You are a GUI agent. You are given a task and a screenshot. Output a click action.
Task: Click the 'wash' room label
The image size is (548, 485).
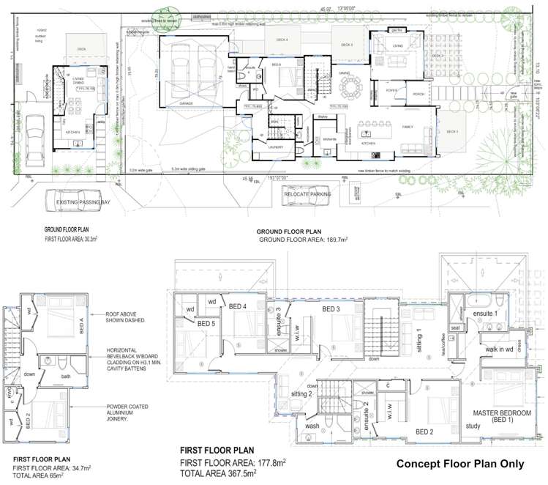(x=312, y=426)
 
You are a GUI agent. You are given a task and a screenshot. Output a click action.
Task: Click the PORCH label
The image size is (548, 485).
(x=418, y=94)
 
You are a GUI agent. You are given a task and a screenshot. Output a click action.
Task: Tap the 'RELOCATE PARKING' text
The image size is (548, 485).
(x=307, y=194)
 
